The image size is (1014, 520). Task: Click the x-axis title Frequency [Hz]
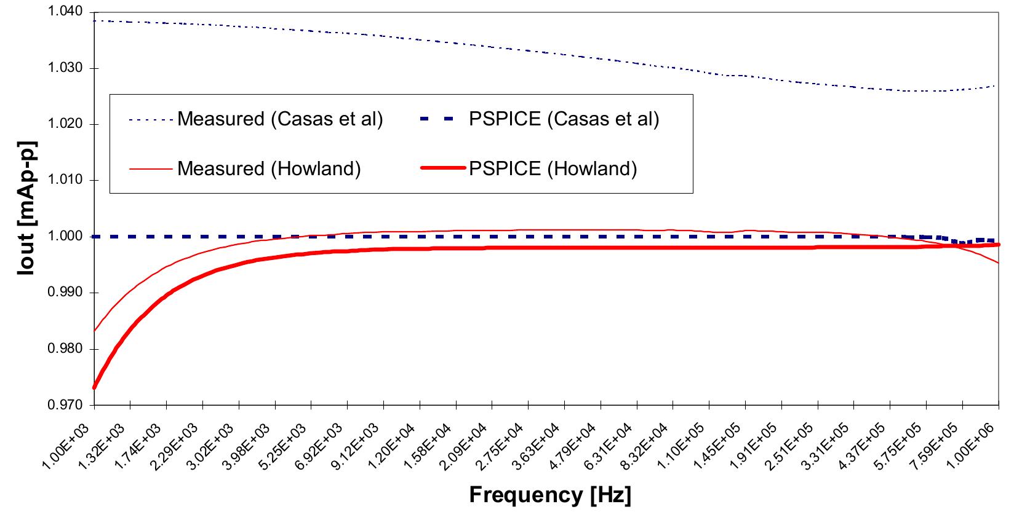point(550,495)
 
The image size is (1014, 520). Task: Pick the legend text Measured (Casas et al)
point(280,119)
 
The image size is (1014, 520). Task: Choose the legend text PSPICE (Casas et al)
point(564,119)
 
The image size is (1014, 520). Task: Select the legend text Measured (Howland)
point(269,168)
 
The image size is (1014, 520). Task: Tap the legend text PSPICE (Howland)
point(553,168)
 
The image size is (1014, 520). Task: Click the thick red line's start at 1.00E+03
point(95,388)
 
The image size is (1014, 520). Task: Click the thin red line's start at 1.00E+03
point(95,331)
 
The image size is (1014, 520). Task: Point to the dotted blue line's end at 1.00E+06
point(997,85)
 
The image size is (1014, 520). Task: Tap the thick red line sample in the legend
point(442,168)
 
